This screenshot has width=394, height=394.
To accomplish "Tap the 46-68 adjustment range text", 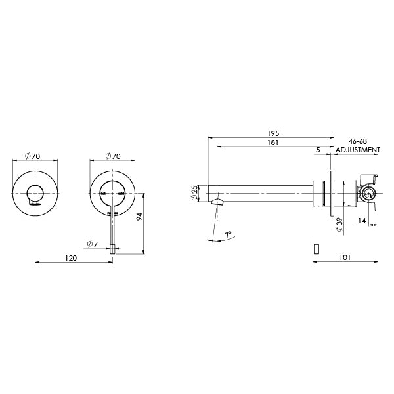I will click(x=358, y=141).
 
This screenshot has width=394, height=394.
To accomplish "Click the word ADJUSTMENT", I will click(x=358, y=150).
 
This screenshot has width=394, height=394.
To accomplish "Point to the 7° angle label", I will click(x=228, y=234).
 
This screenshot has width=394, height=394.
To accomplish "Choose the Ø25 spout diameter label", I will click(x=194, y=192).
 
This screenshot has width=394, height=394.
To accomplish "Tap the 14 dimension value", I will click(x=362, y=221).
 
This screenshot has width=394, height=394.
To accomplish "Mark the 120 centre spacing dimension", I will click(x=73, y=258).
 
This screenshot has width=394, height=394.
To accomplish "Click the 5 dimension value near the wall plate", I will click(x=318, y=150).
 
